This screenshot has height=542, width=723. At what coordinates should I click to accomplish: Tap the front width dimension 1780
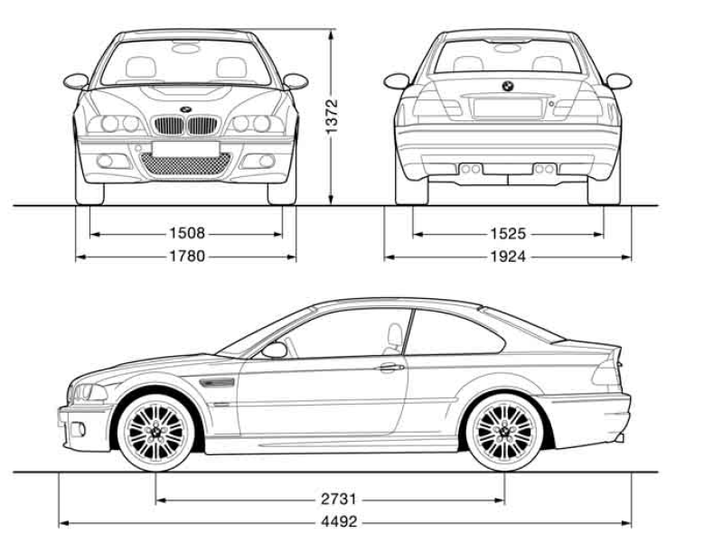[x=186, y=257]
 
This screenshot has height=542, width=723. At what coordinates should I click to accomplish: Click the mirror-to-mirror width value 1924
[x=509, y=257]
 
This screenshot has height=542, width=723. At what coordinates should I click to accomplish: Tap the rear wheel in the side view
[x=504, y=430]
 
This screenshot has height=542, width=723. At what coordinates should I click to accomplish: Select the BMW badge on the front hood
[x=186, y=109]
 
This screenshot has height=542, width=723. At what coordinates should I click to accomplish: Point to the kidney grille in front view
[x=186, y=125]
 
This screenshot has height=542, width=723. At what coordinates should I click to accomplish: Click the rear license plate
[x=508, y=107]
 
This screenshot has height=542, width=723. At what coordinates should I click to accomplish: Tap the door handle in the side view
[x=390, y=368]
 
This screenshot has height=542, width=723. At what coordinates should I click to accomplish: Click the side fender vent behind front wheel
[x=220, y=383]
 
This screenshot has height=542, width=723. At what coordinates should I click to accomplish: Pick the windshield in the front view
[x=186, y=63]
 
